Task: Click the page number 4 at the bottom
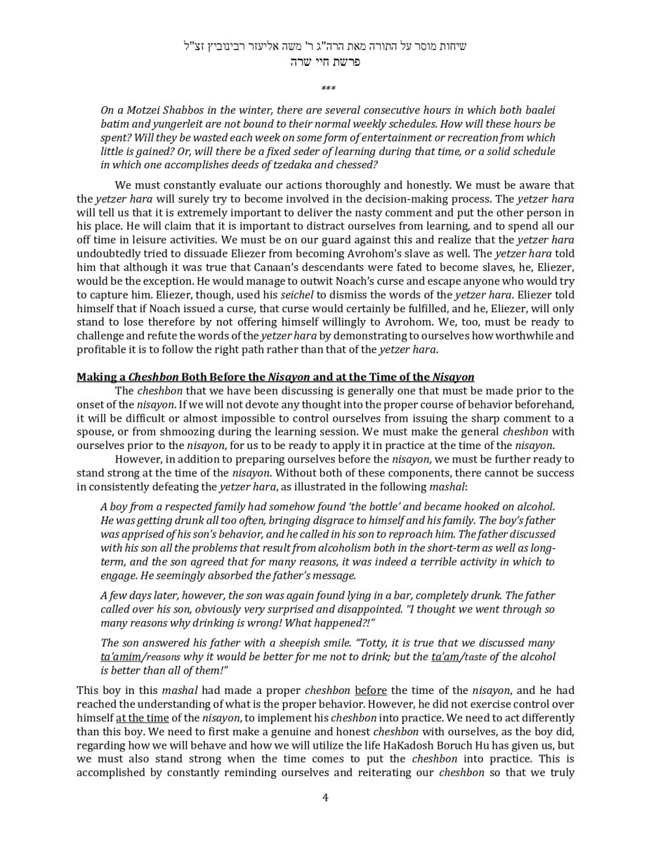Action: point(325,797)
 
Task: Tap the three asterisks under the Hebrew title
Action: point(328,89)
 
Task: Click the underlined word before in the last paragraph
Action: point(370,690)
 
